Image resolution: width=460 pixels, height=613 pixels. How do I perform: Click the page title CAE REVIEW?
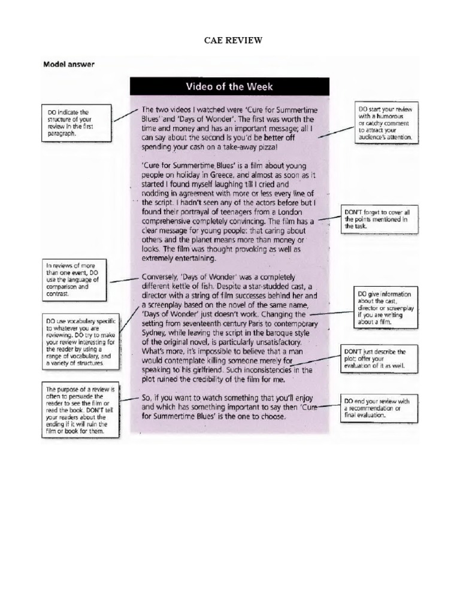[230, 41]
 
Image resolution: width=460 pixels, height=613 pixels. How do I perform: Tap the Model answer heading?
[68, 64]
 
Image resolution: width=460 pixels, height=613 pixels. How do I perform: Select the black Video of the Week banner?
[229, 86]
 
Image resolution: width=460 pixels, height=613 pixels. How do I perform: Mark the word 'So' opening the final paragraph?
[147, 398]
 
